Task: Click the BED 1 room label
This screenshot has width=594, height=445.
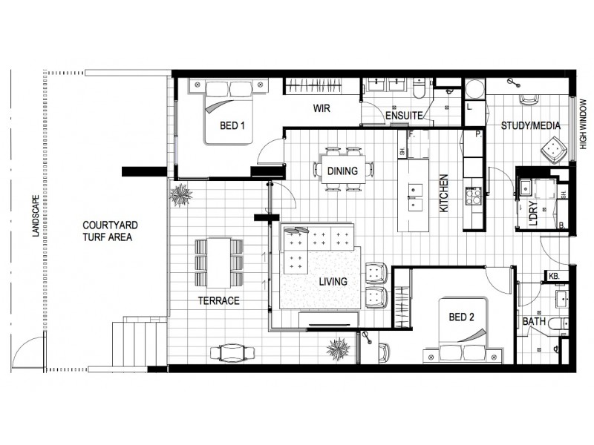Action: click(x=232, y=125)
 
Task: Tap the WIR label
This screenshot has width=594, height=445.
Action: click(x=321, y=108)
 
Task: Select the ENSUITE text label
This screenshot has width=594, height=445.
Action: click(x=404, y=116)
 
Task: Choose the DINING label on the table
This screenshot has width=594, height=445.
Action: click(x=342, y=171)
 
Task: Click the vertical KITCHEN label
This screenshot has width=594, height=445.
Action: click(x=444, y=194)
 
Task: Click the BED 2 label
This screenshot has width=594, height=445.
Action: click(x=461, y=318)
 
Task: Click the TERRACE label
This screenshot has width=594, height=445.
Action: click(x=218, y=301)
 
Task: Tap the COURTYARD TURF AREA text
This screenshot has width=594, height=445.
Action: click(x=108, y=231)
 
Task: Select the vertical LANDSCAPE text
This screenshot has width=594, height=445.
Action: click(x=35, y=215)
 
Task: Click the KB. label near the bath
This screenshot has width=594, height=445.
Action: click(x=554, y=277)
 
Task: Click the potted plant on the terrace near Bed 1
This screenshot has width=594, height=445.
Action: click(x=182, y=195)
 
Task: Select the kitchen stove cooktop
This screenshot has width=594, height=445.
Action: click(x=472, y=196)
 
